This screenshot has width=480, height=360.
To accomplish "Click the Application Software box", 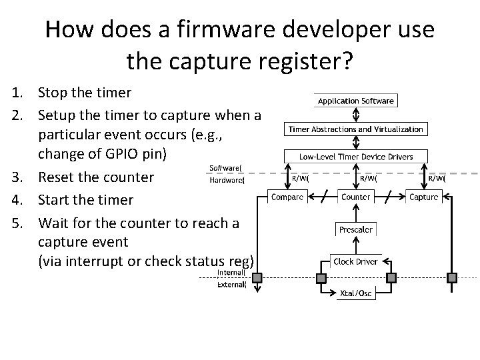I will pyautogui.click(x=355, y=101).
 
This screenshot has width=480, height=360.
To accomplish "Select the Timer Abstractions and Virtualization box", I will pyautogui.click(x=355, y=129).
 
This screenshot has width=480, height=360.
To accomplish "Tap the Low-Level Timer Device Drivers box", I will pyautogui.click(x=355, y=157).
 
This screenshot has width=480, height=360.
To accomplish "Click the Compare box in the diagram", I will pyautogui.click(x=288, y=197).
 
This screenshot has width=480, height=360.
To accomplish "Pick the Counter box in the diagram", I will pyautogui.click(x=355, y=197).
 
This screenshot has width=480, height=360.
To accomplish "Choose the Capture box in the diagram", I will pyautogui.click(x=423, y=197).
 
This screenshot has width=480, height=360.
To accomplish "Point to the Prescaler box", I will pyautogui.click(x=355, y=229).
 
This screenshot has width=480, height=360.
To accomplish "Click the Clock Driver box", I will pyautogui.click(x=355, y=261).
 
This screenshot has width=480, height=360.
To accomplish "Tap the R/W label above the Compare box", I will pyautogui.click(x=300, y=178).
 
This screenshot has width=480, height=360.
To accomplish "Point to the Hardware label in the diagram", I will pyautogui.click(x=227, y=179).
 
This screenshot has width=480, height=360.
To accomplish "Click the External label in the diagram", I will pyautogui.click(x=231, y=285).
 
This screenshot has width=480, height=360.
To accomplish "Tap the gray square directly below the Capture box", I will pyautogui.click(x=453, y=277).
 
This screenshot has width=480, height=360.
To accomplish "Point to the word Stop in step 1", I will pyautogui.click(x=51, y=92).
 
